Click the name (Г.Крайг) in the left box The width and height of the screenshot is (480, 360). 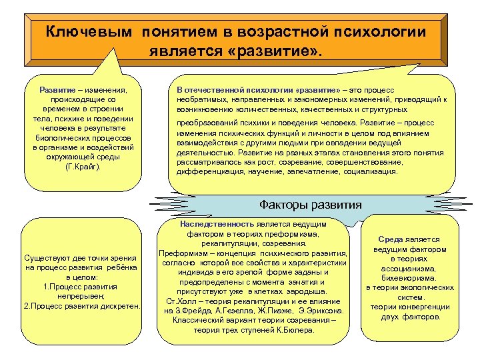point(83,166)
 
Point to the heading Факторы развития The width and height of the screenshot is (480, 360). point(311,205)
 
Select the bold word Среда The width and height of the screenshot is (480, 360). point(392,239)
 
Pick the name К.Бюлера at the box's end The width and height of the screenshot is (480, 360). point(296,329)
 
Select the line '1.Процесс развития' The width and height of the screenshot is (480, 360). point(82,286)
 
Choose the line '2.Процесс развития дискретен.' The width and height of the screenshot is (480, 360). point(82,305)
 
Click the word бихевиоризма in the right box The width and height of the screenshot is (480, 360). point(409,277)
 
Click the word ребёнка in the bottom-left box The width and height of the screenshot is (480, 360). point(121,267)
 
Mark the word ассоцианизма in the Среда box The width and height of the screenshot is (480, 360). point(409,268)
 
